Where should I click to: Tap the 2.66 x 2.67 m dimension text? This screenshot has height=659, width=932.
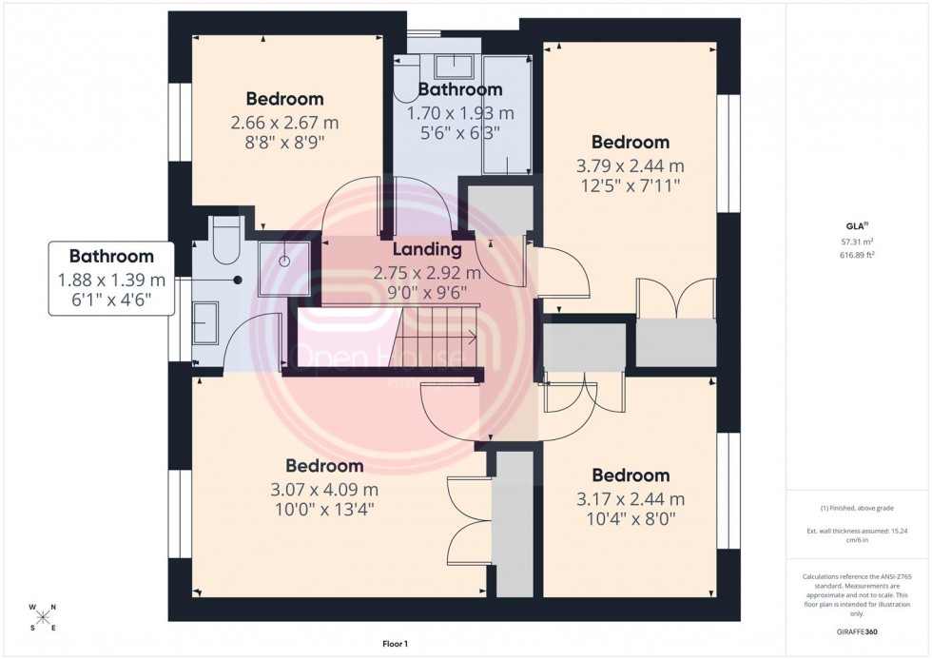click(x=283, y=123)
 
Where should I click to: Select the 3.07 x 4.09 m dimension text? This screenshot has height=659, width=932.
click(x=324, y=490)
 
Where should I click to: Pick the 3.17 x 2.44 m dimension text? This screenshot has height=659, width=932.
click(x=631, y=499)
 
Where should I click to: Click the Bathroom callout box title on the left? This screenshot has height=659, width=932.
click(x=111, y=257)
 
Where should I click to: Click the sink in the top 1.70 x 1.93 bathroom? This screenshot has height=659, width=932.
click(x=453, y=66)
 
